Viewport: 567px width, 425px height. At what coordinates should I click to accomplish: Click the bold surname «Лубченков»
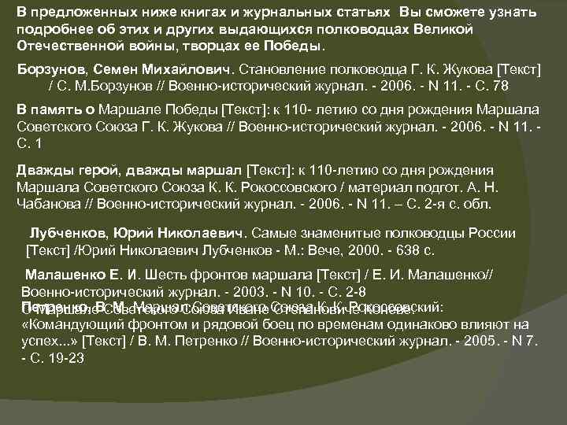(69, 234)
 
